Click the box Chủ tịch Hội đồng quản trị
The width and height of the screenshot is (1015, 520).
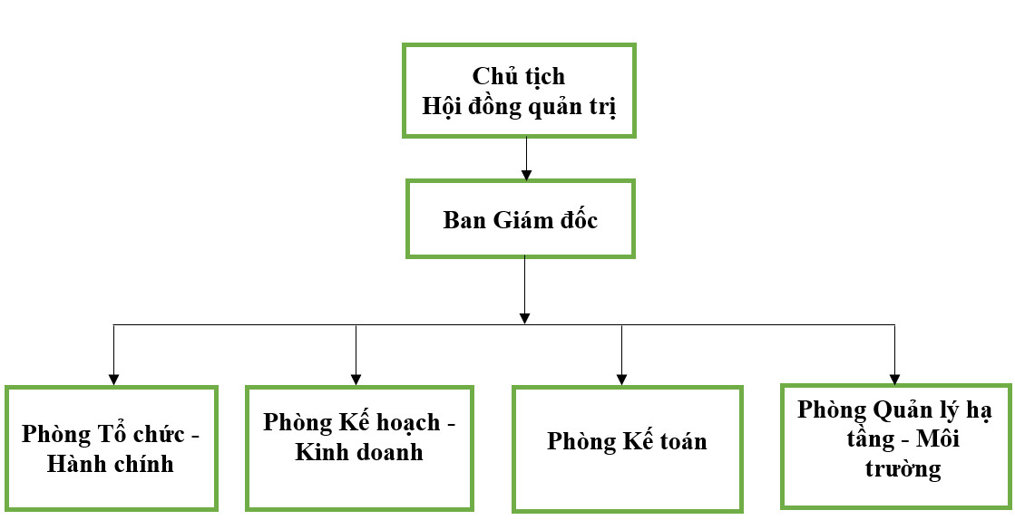pyautogui.click(x=520, y=91)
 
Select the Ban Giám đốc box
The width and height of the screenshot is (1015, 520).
pyautogui.click(x=520, y=219)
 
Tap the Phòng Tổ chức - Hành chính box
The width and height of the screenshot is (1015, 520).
pyautogui.click(x=112, y=448)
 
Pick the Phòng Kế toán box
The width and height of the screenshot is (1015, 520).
pyautogui.click(x=627, y=449)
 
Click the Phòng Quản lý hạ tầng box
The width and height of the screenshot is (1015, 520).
pyautogui.click(x=894, y=445)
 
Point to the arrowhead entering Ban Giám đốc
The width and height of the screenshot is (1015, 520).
pyautogui.click(x=525, y=174)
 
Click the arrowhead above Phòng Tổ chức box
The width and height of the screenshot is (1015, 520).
pyautogui.click(x=113, y=380)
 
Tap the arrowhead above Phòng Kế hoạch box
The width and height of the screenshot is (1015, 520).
pyautogui.click(x=356, y=380)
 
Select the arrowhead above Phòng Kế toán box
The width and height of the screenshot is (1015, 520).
pyautogui.click(x=621, y=380)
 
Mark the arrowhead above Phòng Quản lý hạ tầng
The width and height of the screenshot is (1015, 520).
pyautogui.click(x=894, y=380)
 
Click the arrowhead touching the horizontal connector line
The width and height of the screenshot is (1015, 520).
pyautogui.click(x=525, y=318)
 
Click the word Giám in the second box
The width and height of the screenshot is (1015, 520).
pyautogui.click(x=521, y=220)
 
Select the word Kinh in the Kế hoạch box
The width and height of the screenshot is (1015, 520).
pyautogui.click(x=317, y=451)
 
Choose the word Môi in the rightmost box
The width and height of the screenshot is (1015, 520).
pyautogui.click(x=938, y=439)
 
